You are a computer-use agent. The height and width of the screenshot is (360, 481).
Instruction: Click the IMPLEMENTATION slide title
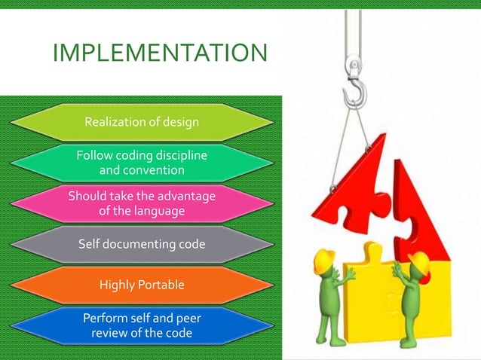coord(160,53)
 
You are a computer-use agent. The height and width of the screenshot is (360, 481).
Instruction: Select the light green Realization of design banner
coord(142,122)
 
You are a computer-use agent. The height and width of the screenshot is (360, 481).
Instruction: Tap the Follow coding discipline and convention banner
coord(142,163)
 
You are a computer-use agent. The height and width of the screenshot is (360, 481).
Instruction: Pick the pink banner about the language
coord(142,203)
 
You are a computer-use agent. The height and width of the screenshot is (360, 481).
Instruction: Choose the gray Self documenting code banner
coord(142,244)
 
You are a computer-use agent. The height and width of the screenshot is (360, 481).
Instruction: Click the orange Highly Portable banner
coord(142,285)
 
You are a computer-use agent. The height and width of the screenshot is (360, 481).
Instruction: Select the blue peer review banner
coord(142,325)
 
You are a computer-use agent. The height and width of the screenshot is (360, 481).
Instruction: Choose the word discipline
coord(174,155)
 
